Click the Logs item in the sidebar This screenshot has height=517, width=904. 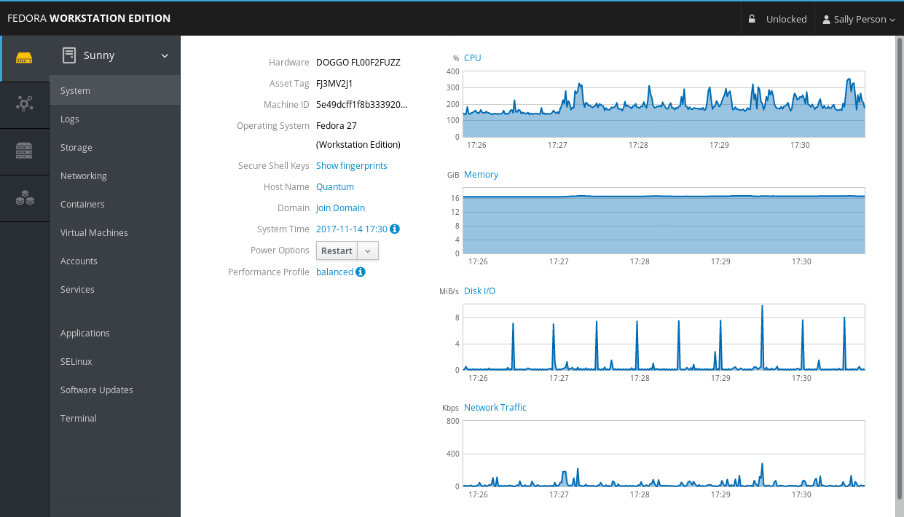coord(70,119)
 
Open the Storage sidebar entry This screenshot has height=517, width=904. coord(76,147)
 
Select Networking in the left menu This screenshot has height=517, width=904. coord(84,175)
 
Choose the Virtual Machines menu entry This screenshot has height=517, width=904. coord(94,232)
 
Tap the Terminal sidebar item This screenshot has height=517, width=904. coord(79,418)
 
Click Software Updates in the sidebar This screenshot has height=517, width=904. coord(97,390)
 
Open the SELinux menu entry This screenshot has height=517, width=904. coord(76,361)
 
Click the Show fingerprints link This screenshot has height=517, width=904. coord(352,165)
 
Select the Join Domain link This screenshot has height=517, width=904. coord(340,208)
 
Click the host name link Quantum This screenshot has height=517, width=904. coord(335,186)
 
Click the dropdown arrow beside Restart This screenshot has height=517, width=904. coord(368,250)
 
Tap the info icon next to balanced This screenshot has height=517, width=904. coord(361,272)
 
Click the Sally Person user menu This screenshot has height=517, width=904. coord(859,19)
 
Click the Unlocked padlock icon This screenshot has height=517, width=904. coord(752,19)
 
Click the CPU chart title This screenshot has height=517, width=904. coord(473,58)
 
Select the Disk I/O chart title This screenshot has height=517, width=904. coord(479,291)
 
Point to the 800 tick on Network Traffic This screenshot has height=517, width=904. coord(452,421)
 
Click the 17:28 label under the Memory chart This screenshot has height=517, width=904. coord(640,261)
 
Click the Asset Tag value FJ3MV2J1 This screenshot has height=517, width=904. coord(334,83)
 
